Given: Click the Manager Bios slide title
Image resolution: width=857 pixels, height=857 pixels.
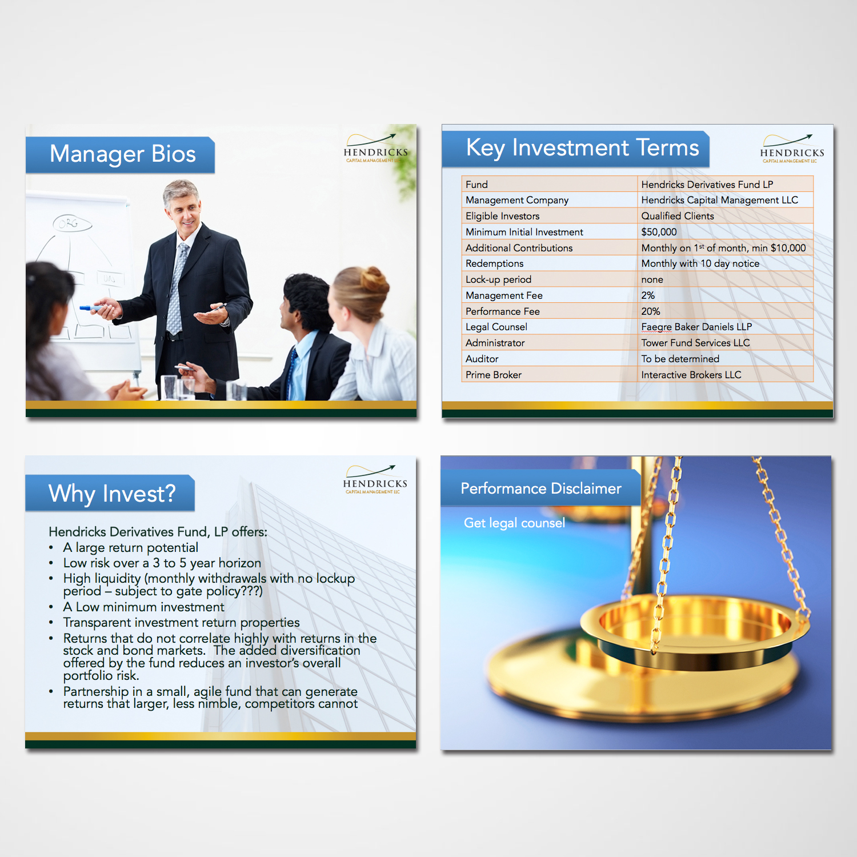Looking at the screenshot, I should tap(122, 154).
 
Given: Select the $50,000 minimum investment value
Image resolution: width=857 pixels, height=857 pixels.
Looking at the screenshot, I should tap(659, 232).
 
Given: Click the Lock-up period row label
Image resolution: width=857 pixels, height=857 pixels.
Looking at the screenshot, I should tap(498, 279).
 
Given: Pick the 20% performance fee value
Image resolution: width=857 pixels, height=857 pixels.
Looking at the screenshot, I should tap(650, 311).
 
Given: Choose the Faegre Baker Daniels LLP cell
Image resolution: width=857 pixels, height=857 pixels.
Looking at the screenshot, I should tap(696, 327).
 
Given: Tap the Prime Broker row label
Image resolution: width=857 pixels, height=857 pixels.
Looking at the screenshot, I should tap(493, 375).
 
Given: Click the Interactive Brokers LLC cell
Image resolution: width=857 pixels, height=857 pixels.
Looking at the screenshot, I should tap(691, 375).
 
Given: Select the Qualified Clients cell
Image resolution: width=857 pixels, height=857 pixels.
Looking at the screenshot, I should tap(677, 216).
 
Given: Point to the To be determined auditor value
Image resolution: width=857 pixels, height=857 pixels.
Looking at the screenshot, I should tap(680, 359).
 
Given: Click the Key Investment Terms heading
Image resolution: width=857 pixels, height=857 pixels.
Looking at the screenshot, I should tap(582, 148).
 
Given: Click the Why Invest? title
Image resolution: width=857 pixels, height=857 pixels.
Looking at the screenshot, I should tap(112, 494).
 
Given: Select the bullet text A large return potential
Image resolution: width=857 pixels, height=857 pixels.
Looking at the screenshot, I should tap(131, 547).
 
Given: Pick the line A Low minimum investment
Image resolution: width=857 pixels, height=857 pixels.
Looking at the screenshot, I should tap(143, 607).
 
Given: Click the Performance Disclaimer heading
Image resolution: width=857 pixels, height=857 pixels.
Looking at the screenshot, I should tap(540, 488).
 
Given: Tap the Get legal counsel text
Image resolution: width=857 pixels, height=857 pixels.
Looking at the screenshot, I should tap(514, 523).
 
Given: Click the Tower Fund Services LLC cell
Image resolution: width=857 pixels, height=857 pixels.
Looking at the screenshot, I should tap(695, 343).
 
